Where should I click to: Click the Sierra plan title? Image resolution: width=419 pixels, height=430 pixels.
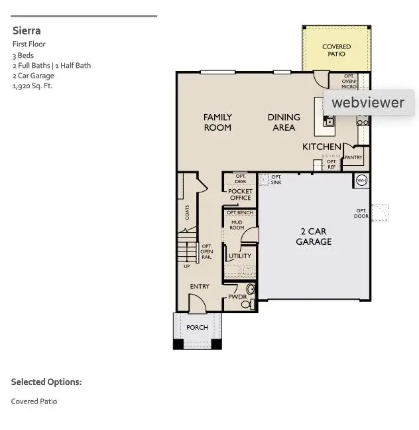pyautogui.click(x=27, y=31)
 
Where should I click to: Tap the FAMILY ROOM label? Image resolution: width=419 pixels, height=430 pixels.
pyautogui.click(x=217, y=122)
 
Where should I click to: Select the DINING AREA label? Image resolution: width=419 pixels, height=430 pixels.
pyautogui.click(x=284, y=122)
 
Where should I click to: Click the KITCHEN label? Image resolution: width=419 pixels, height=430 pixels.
pyautogui.click(x=322, y=147)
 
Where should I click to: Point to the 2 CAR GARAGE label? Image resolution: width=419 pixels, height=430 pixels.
pyautogui.click(x=314, y=237)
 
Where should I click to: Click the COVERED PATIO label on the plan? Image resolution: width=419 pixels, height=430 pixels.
pyautogui.click(x=336, y=50)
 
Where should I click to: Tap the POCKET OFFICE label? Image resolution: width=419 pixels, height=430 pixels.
pyautogui.click(x=240, y=194)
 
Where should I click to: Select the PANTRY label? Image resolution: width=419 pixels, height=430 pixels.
pyautogui.click(x=353, y=158)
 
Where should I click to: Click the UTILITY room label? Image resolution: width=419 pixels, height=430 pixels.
pyautogui.click(x=239, y=256)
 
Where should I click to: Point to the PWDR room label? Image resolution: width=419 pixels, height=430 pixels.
pyautogui.click(x=237, y=297)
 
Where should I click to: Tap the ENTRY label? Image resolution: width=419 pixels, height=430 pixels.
pyautogui.click(x=200, y=287)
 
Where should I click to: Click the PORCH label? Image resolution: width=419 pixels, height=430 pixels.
pyautogui.click(x=197, y=327)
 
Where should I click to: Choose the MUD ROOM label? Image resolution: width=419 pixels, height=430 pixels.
pyautogui.click(x=237, y=225)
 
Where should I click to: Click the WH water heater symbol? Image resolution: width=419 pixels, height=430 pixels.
pyautogui.click(x=361, y=180)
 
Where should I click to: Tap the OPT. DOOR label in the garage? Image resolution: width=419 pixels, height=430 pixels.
pyautogui.click(x=361, y=214)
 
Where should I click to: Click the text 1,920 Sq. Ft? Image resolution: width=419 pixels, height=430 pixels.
pyautogui.click(x=32, y=86)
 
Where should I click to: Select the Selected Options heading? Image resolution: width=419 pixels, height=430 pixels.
pyautogui.click(x=46, y=382)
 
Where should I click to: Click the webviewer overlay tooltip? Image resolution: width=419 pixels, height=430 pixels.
pyautogui.click(x=368, y=103)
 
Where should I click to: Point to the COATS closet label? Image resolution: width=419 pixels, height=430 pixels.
pyautogui.click(x=188, y=213)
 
